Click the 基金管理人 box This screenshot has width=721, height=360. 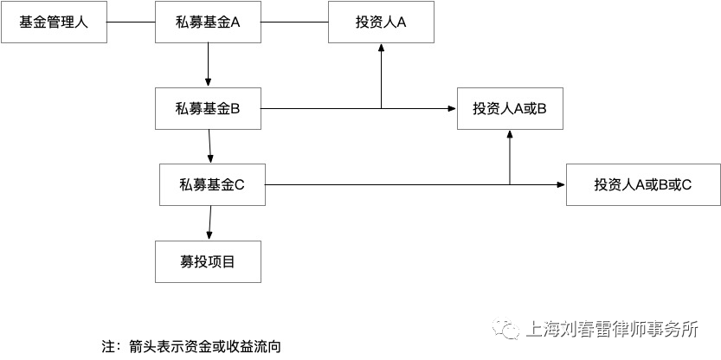55,22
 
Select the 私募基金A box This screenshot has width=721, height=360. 208,22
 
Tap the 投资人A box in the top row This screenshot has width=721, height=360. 381,22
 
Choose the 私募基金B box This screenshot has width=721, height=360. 208,108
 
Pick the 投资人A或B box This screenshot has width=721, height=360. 510,108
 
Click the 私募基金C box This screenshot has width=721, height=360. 212,184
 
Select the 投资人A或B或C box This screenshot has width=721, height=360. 643,184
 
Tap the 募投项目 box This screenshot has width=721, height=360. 208,261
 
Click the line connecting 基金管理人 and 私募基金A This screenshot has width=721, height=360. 131,22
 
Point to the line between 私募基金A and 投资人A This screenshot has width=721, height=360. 295,22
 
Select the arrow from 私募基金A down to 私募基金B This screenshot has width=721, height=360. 209,65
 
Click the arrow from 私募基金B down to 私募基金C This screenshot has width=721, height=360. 209,146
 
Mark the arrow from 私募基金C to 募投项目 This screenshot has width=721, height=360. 210,222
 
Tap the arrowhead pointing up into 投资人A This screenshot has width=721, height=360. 381,47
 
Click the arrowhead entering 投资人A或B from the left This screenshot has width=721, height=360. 453,108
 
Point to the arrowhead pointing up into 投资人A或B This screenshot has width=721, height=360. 510,134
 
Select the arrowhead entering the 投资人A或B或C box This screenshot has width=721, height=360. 562,184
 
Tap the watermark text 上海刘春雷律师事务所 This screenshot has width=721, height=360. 611,329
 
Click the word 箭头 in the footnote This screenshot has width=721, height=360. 141,347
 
